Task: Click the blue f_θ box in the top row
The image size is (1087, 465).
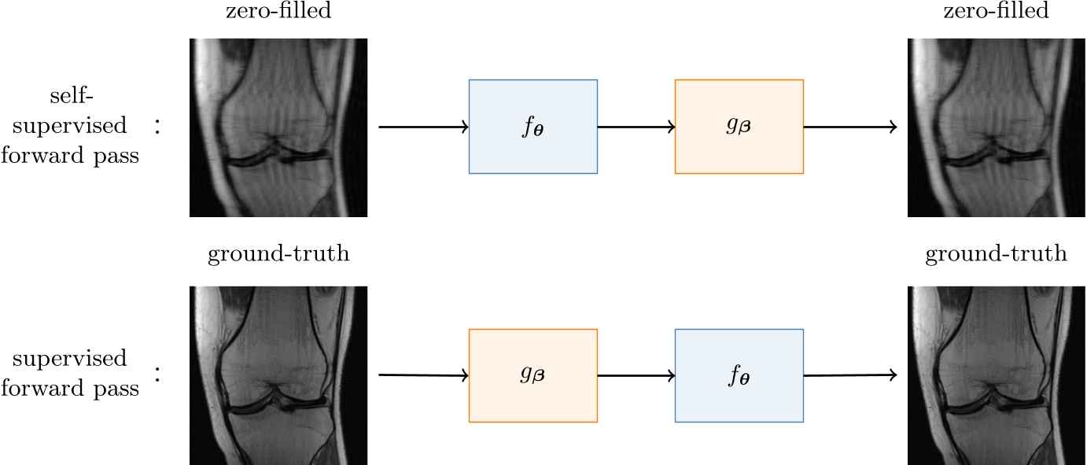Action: coord(532,126)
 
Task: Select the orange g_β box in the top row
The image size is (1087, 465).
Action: coord(739,126)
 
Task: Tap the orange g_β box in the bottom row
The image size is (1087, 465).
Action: coord(532,375)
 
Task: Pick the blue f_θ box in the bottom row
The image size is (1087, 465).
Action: coord(739,375)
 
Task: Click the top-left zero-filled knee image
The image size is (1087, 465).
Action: coord(278,127)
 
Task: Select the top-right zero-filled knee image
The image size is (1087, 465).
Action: coord(997,127)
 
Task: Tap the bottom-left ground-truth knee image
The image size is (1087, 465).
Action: coord(278,375)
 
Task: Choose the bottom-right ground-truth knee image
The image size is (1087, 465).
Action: coord(997,375)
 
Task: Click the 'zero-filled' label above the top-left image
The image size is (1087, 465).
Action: coord(278,11)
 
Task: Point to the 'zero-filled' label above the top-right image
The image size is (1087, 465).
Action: coord(997,11)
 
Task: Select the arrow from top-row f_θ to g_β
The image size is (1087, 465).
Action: coord(636,127)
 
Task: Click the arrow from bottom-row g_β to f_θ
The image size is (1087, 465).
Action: coord(636,376)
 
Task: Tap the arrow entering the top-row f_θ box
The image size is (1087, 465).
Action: coord(423,127)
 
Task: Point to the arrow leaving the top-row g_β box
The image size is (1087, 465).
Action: coord(849,127)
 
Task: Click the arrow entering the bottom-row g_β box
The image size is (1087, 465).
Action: coord(423,376)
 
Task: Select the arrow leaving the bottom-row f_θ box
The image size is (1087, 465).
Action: coord(849,376)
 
